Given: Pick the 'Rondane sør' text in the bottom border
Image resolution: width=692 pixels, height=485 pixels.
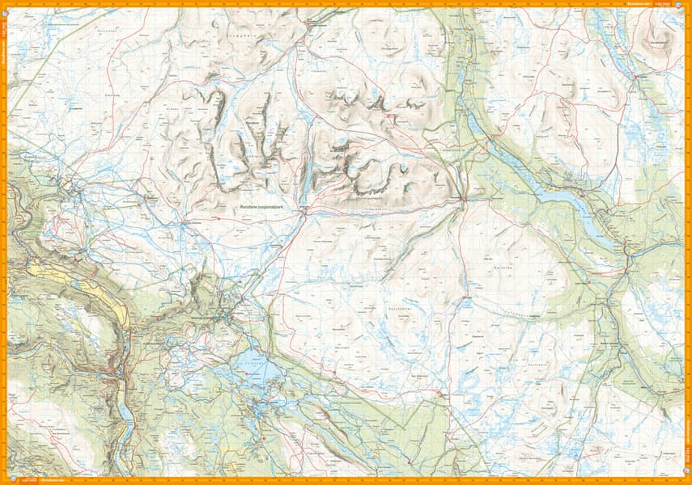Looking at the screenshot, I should [53, 480].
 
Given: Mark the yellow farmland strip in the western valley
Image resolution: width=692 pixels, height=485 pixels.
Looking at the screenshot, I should [121, 311].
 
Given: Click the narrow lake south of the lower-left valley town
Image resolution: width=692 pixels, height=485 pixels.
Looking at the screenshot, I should [129, 416].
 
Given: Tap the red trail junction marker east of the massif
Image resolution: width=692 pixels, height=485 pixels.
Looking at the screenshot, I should [461, 198].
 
